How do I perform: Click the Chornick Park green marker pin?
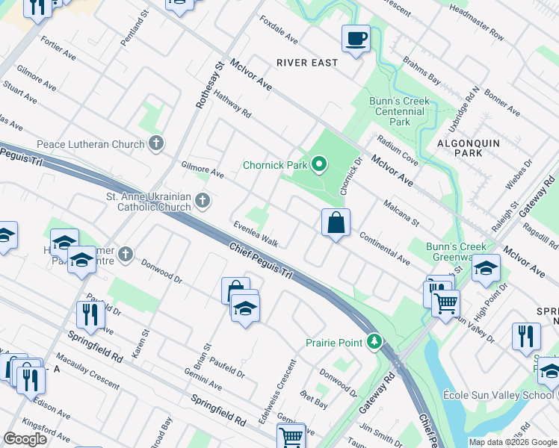point(320,164)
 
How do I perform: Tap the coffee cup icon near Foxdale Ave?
point(356,37)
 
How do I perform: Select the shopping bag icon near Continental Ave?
point(336,222)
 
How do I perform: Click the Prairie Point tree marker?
point(374,342)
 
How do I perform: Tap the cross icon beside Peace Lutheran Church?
point(155,143)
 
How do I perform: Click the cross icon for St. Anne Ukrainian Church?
point(202,200)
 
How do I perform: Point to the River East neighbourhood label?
point(307,63)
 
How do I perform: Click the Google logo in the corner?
point(26,438)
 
